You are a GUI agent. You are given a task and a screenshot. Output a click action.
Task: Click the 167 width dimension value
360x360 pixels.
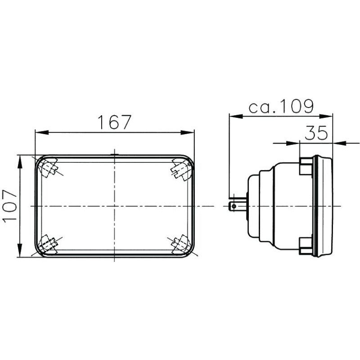coord(114,122)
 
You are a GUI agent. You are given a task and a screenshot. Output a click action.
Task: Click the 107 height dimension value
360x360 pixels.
coord(9,206)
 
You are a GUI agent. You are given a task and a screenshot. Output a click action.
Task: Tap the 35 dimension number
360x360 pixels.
coord(316,133)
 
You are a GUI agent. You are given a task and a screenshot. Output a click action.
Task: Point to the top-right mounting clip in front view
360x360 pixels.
coord(180,168)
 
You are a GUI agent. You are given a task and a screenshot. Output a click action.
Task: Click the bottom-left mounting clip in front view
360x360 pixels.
coord(48,244)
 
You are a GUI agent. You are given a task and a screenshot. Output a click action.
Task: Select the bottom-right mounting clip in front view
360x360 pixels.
coord(180,244)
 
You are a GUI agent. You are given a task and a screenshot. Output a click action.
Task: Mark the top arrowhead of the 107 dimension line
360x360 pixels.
coord(20,161)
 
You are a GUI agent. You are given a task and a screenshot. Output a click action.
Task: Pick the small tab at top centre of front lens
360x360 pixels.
coord(115,155)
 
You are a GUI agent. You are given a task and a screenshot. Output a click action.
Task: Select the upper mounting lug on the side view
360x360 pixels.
coord(306,166)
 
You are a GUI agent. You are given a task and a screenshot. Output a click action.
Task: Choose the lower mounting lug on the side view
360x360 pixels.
coord(306,245)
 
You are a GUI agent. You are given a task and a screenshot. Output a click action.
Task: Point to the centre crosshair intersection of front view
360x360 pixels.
coord(115,206)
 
